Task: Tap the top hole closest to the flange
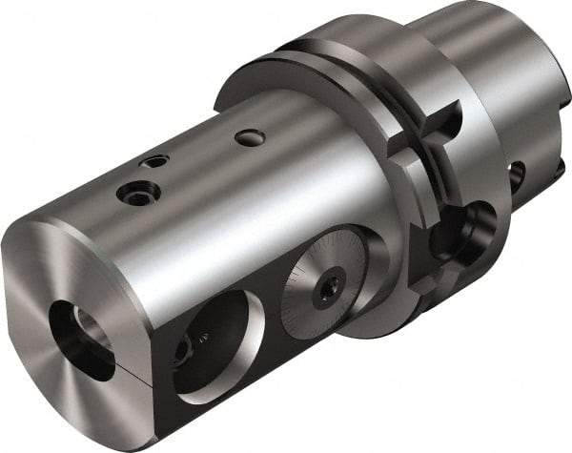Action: pyautogui.click(x=251, y=138)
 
